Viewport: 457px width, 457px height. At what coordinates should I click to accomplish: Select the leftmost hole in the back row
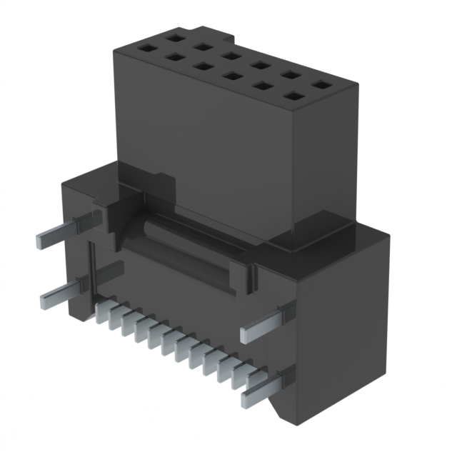point(173,34)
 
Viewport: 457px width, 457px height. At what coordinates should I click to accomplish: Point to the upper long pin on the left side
point(64,231)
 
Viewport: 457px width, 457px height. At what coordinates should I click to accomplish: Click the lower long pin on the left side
point(68,287)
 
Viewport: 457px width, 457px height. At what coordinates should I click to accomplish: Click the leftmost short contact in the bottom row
point(101,311)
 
